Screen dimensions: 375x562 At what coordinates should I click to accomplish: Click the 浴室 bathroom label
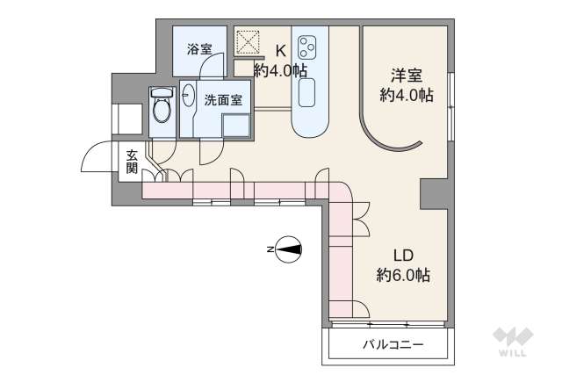pos(199,49)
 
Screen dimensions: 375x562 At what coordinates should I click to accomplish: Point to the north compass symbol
pos(288,249)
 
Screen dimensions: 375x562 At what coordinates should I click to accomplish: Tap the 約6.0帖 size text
pos(403,275)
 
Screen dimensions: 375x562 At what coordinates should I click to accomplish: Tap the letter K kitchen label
pos(281,49)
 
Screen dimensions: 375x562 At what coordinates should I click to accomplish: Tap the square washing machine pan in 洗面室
pos(236,126)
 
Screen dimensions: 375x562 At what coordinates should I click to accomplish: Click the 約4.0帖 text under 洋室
pos(405,95)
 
